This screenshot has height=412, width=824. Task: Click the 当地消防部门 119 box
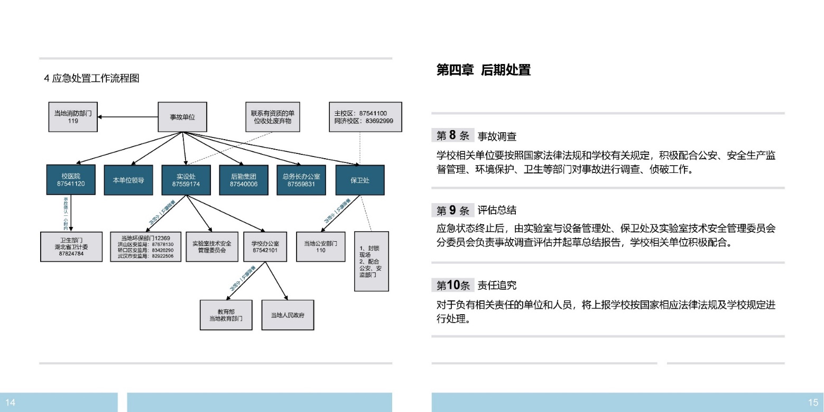[73, 117]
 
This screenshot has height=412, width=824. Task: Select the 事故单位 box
[182, 117]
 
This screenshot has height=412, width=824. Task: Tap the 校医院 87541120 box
[71, 180]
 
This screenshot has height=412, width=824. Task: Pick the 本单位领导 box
[128, 180]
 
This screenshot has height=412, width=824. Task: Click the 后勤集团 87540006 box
[244, 180]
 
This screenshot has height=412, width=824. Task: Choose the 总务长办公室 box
[301, 180]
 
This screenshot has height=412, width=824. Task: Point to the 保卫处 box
[360, 180]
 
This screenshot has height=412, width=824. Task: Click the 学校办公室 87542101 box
[265, 246]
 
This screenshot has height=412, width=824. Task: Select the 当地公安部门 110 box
[321, 246]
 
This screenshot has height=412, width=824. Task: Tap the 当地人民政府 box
[288, 315]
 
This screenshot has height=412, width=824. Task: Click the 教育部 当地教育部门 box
[226, 315]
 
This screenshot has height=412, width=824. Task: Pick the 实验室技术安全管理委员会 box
[211, 246]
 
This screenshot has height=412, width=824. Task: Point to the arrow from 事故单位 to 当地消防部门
[128, 117]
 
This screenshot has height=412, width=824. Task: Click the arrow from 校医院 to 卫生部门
[71, 214]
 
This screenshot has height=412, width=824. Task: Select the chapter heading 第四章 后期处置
[483, 70]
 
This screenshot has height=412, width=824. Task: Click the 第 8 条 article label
[453, 135]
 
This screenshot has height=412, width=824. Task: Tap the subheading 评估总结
[497, 210]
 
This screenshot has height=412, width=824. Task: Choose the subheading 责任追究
[497, 286]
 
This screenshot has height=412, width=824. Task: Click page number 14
[11, 402]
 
